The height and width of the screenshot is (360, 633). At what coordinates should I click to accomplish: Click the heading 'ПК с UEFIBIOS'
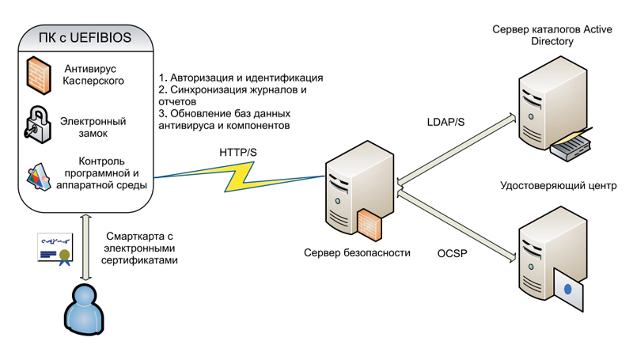pos(85,36)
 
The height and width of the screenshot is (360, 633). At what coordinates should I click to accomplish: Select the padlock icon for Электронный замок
pos(36,123)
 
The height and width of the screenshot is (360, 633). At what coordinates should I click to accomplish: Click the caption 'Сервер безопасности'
pos(357,253)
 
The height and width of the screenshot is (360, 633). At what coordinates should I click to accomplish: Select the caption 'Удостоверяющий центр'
pos(558,186)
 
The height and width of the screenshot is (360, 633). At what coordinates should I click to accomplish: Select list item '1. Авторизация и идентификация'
pos(241,78)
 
